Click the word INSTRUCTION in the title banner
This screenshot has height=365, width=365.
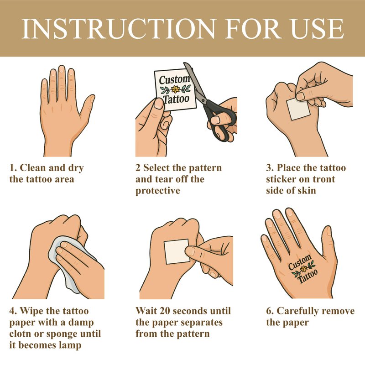(x=118, y=29)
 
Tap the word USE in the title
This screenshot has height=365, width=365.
(x=317, y=29)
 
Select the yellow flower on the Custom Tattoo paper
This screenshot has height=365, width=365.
(x=176, y=89)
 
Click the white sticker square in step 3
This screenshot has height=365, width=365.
(x=298, y=109)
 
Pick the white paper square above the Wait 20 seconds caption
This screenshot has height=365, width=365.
(x=177, y=252)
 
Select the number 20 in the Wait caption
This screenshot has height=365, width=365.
(x=165, y=311)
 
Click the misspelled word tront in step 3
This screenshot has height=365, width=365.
(x=324, y=179)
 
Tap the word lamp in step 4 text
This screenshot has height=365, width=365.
(x=70, y=345)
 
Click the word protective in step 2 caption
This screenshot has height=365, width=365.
(x=158, y=191)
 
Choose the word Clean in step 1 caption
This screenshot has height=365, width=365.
(x=33, y=168)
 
